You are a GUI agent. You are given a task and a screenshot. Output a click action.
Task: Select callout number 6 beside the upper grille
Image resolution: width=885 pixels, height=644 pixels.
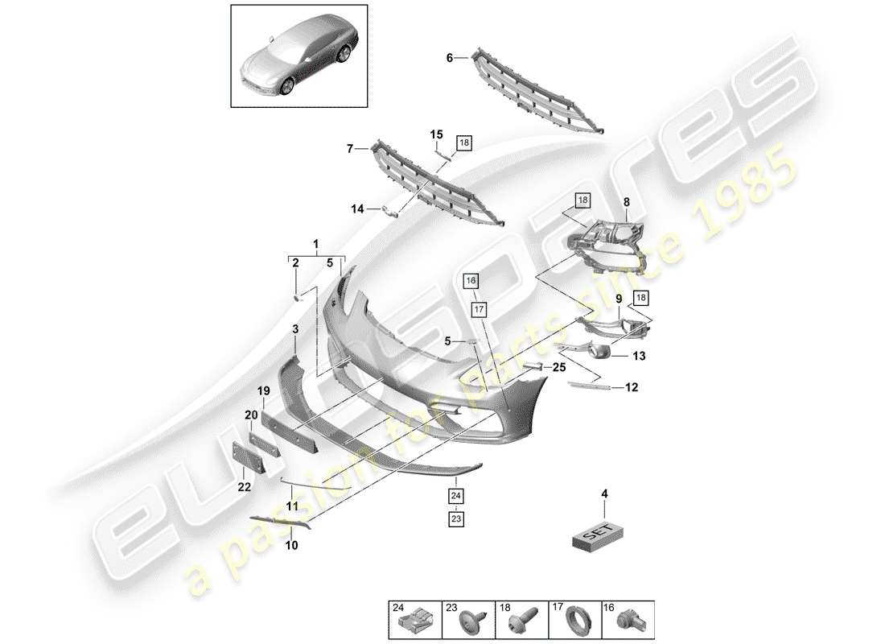[x=451, y=57]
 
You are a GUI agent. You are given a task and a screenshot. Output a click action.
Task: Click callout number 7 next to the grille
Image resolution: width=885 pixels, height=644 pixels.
[x=350, y=148]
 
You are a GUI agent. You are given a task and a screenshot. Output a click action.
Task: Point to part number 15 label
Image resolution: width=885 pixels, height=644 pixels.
[x=435, y=134]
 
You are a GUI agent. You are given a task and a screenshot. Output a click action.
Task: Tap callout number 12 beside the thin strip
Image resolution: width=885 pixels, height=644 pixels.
[x=632, y=388]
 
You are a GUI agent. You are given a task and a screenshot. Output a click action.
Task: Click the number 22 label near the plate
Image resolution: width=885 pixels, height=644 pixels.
[x=243, y=487]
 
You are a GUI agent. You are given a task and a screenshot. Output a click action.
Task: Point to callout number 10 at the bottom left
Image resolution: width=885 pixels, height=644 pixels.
[x=290, y=544]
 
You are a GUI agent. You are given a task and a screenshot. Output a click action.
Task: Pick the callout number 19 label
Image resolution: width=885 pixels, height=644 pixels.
[x=262, y=391]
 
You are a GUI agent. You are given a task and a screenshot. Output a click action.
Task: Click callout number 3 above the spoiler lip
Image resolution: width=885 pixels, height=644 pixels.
[x=295, y=328]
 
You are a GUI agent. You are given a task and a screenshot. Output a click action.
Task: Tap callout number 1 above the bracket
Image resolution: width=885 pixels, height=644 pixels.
[x=316, y=243]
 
